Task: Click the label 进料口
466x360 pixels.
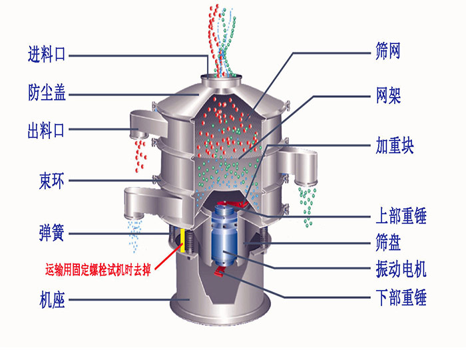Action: tap(47, 55)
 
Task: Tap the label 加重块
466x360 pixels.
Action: tap(395, 145)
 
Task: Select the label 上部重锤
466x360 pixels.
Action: tap(401, 216)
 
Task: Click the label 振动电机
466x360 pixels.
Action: tap(401, 270)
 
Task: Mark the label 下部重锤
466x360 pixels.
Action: tap(401, 297)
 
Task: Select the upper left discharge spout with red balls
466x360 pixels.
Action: tap(142, 124)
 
